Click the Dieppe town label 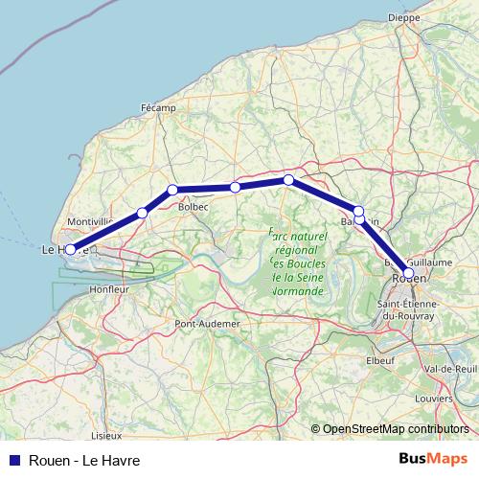(x=404, y=17)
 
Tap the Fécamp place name (x=159, y=108)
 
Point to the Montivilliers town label (x=89, y=221)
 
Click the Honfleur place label (x=108, y=288)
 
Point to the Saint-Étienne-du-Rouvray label (x=412, y=310)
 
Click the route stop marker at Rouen (x=409, y=273)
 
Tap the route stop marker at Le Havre (x=70, y=249)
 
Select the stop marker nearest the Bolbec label (x=172, y=190)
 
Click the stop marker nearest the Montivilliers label (x=142, y=213)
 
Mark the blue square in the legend (x=13, y=460)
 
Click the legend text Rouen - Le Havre (x=85, y=460)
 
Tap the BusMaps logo (x=432, y=460)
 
